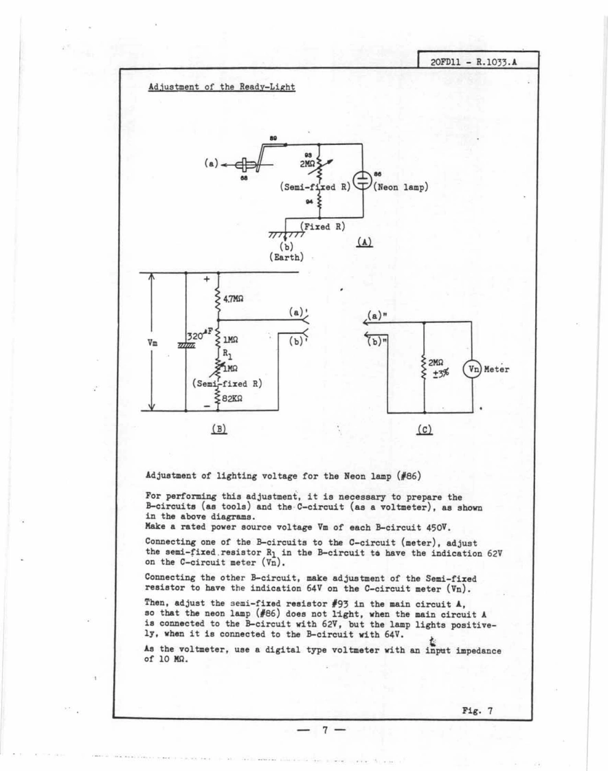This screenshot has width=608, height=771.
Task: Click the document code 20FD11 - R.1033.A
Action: (473, 60)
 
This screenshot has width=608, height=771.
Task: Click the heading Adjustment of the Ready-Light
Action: (221, 88)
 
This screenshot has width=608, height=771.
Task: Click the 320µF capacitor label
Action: (199, 336)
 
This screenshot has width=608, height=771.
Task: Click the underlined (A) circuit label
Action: (365, 241)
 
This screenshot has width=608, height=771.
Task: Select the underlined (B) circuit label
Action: (219, 427)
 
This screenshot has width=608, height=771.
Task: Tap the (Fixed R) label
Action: (322, 226)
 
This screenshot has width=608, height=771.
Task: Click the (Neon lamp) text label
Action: (402, 186)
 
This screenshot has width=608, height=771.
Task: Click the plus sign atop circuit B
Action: (206, 280)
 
